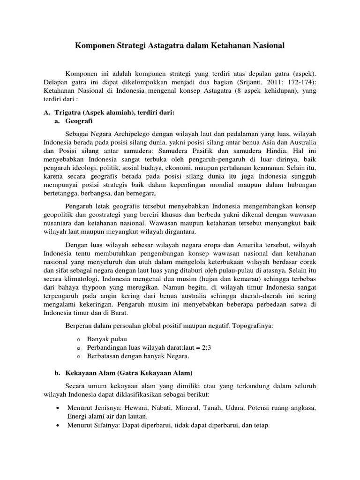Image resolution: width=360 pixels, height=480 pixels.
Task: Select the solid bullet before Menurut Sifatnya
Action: (x=57, y=425)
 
